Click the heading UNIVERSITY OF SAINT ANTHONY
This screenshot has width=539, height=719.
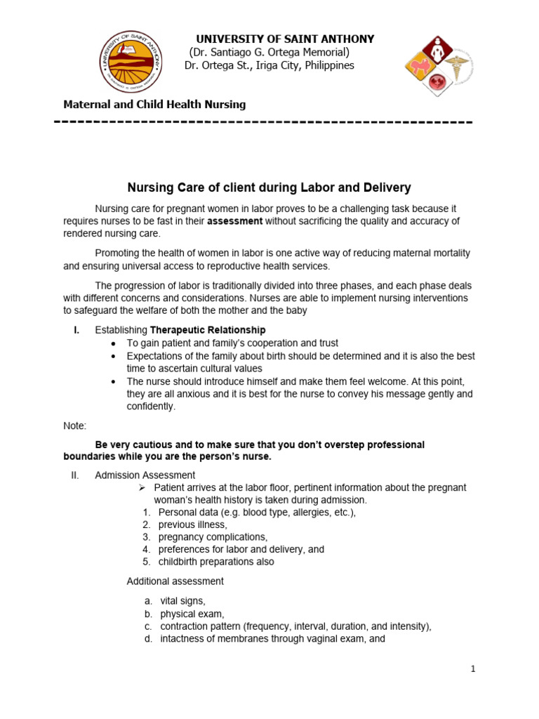coord(285,39)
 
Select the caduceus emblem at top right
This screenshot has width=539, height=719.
coord(457,68)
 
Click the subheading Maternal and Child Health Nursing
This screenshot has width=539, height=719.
coord(154,105)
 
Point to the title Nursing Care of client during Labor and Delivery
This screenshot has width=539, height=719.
coord(269,188)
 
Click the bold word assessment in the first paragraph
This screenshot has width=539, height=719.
coord(235,221)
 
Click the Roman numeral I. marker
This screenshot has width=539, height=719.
coord(76,330)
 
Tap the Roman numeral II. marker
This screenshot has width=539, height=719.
coord(76,475)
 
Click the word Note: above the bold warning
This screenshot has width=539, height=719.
coord(74,426)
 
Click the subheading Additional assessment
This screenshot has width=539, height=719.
coord(175,581)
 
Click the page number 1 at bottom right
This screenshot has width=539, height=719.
coord(473,669)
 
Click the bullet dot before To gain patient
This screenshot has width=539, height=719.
coord(114,343)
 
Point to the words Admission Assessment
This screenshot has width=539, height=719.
coord(145,475)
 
